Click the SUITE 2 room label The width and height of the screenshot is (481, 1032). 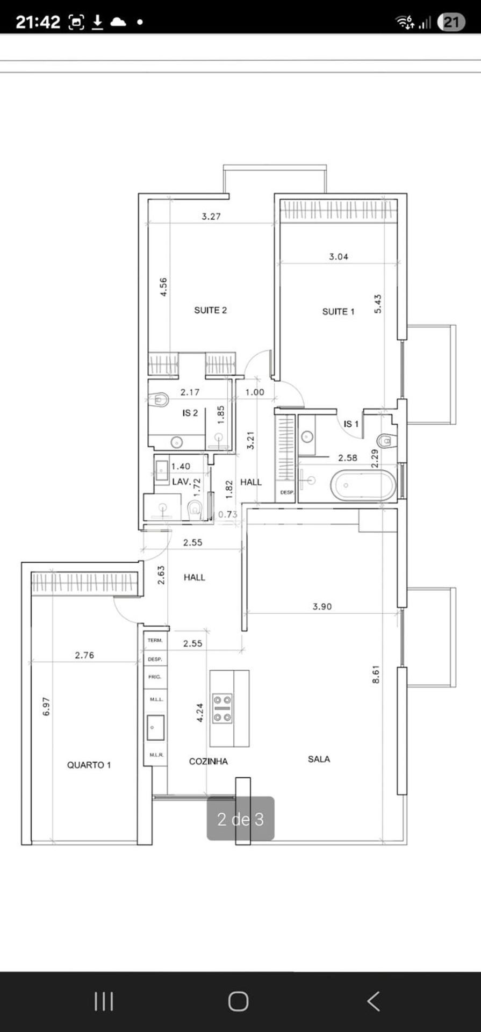[x=210, y=310]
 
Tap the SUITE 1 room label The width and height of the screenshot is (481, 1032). [x=338, y=311]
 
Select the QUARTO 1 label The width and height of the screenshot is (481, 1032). [x=89, y=765]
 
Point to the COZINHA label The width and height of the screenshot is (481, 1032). [x=208, y=761]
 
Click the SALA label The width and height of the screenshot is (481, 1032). [x=319, y=759]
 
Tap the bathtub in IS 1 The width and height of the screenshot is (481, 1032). [x=362, y=485]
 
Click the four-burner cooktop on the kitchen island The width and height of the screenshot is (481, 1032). [x=222, y=708]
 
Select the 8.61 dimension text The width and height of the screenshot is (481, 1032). [x=376, y=674]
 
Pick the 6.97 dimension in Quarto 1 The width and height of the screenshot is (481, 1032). [x=46, y=706]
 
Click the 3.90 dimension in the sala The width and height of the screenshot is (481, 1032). [x=322, y=606]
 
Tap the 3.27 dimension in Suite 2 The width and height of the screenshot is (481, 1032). [x=211, y=217]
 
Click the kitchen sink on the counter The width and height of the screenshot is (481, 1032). [x=156, y=727]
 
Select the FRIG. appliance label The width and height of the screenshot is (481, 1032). [x=155, y=677]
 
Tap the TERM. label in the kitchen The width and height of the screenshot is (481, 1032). [x=155, y=640]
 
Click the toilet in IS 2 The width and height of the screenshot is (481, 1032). [x=159, y=399]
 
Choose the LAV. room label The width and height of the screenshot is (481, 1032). [x=181, y=482]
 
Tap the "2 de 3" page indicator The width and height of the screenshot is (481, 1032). [x=241, y=819]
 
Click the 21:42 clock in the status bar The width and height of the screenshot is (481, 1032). [x=38, y=22]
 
